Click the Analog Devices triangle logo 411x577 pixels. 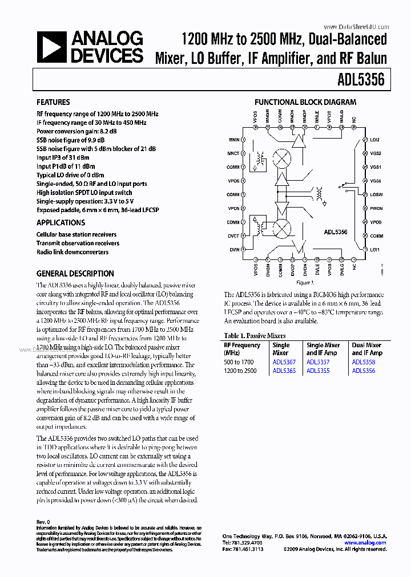(52, 46)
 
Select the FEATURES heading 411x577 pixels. (53, 102)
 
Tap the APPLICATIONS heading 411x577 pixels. (61, 223)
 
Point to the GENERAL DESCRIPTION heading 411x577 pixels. (75, 274)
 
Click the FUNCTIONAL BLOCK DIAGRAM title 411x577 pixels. (305, 103)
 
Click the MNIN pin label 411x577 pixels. (233, 139)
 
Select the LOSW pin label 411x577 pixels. (376, 194)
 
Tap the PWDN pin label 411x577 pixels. (376, 209)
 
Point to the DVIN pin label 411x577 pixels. (233, 250)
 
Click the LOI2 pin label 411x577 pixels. (375, 139)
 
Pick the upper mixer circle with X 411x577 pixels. (281, 158)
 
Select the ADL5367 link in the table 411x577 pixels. (284, 362)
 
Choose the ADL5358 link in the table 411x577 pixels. (364, 362)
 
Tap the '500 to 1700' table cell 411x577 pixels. (240, 362)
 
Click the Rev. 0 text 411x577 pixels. (43, 522)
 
